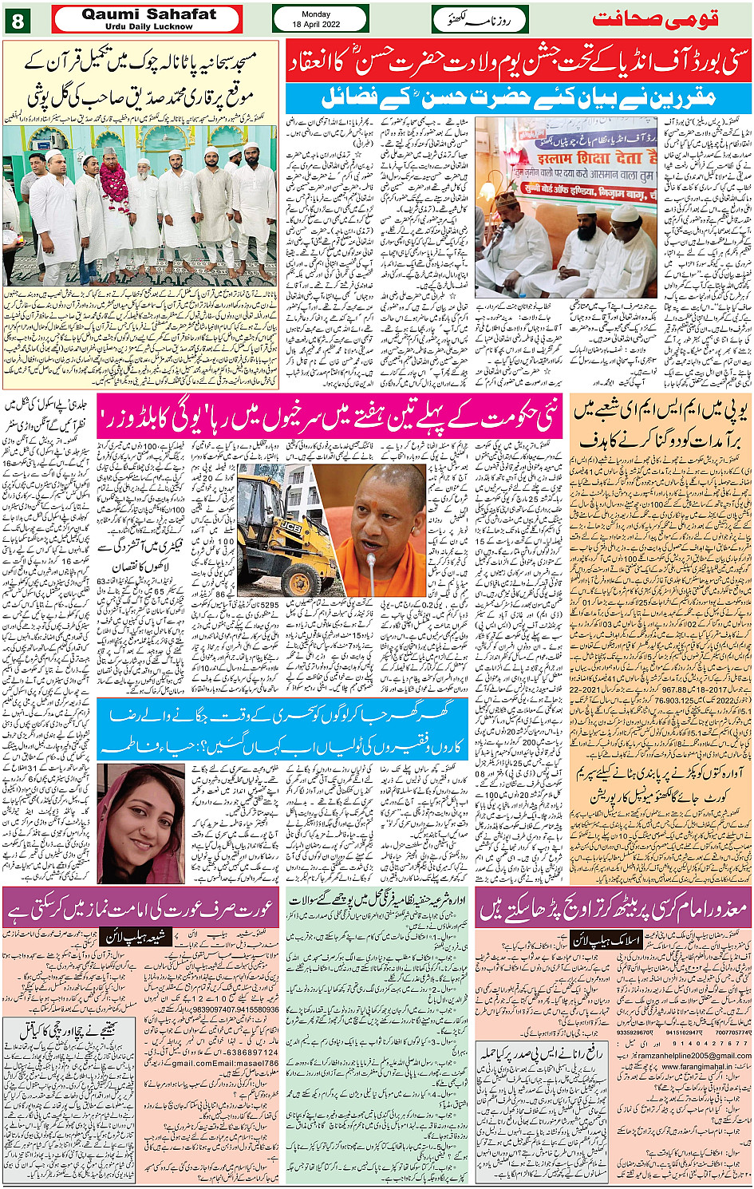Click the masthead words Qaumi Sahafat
click(x=148, y=14)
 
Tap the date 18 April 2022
click(x=320, y=24)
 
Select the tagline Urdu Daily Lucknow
click(x=148, y=26)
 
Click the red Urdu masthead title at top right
click(x=655, y=18)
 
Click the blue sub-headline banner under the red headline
click(x=519, y=98)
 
